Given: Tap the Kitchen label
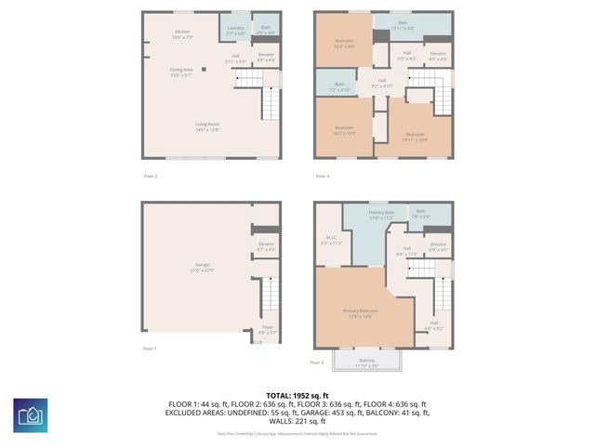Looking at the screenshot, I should coord(182,34).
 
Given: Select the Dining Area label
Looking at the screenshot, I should coord(182,71).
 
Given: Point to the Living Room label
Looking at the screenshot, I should coord(206,126).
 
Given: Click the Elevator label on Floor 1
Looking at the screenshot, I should coord(266,246).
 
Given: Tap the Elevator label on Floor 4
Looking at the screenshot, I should coord(438,57).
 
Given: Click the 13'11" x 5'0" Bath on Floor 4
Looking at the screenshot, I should coord(403,25).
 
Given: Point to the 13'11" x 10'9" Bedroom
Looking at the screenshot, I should coord(415,137).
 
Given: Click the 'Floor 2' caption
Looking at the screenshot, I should coord(150,176).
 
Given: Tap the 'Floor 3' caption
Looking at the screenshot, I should coord(317,362).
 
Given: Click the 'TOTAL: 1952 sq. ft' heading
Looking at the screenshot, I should coord(297,395).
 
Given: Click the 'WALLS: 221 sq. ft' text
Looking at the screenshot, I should coord(297,423).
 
